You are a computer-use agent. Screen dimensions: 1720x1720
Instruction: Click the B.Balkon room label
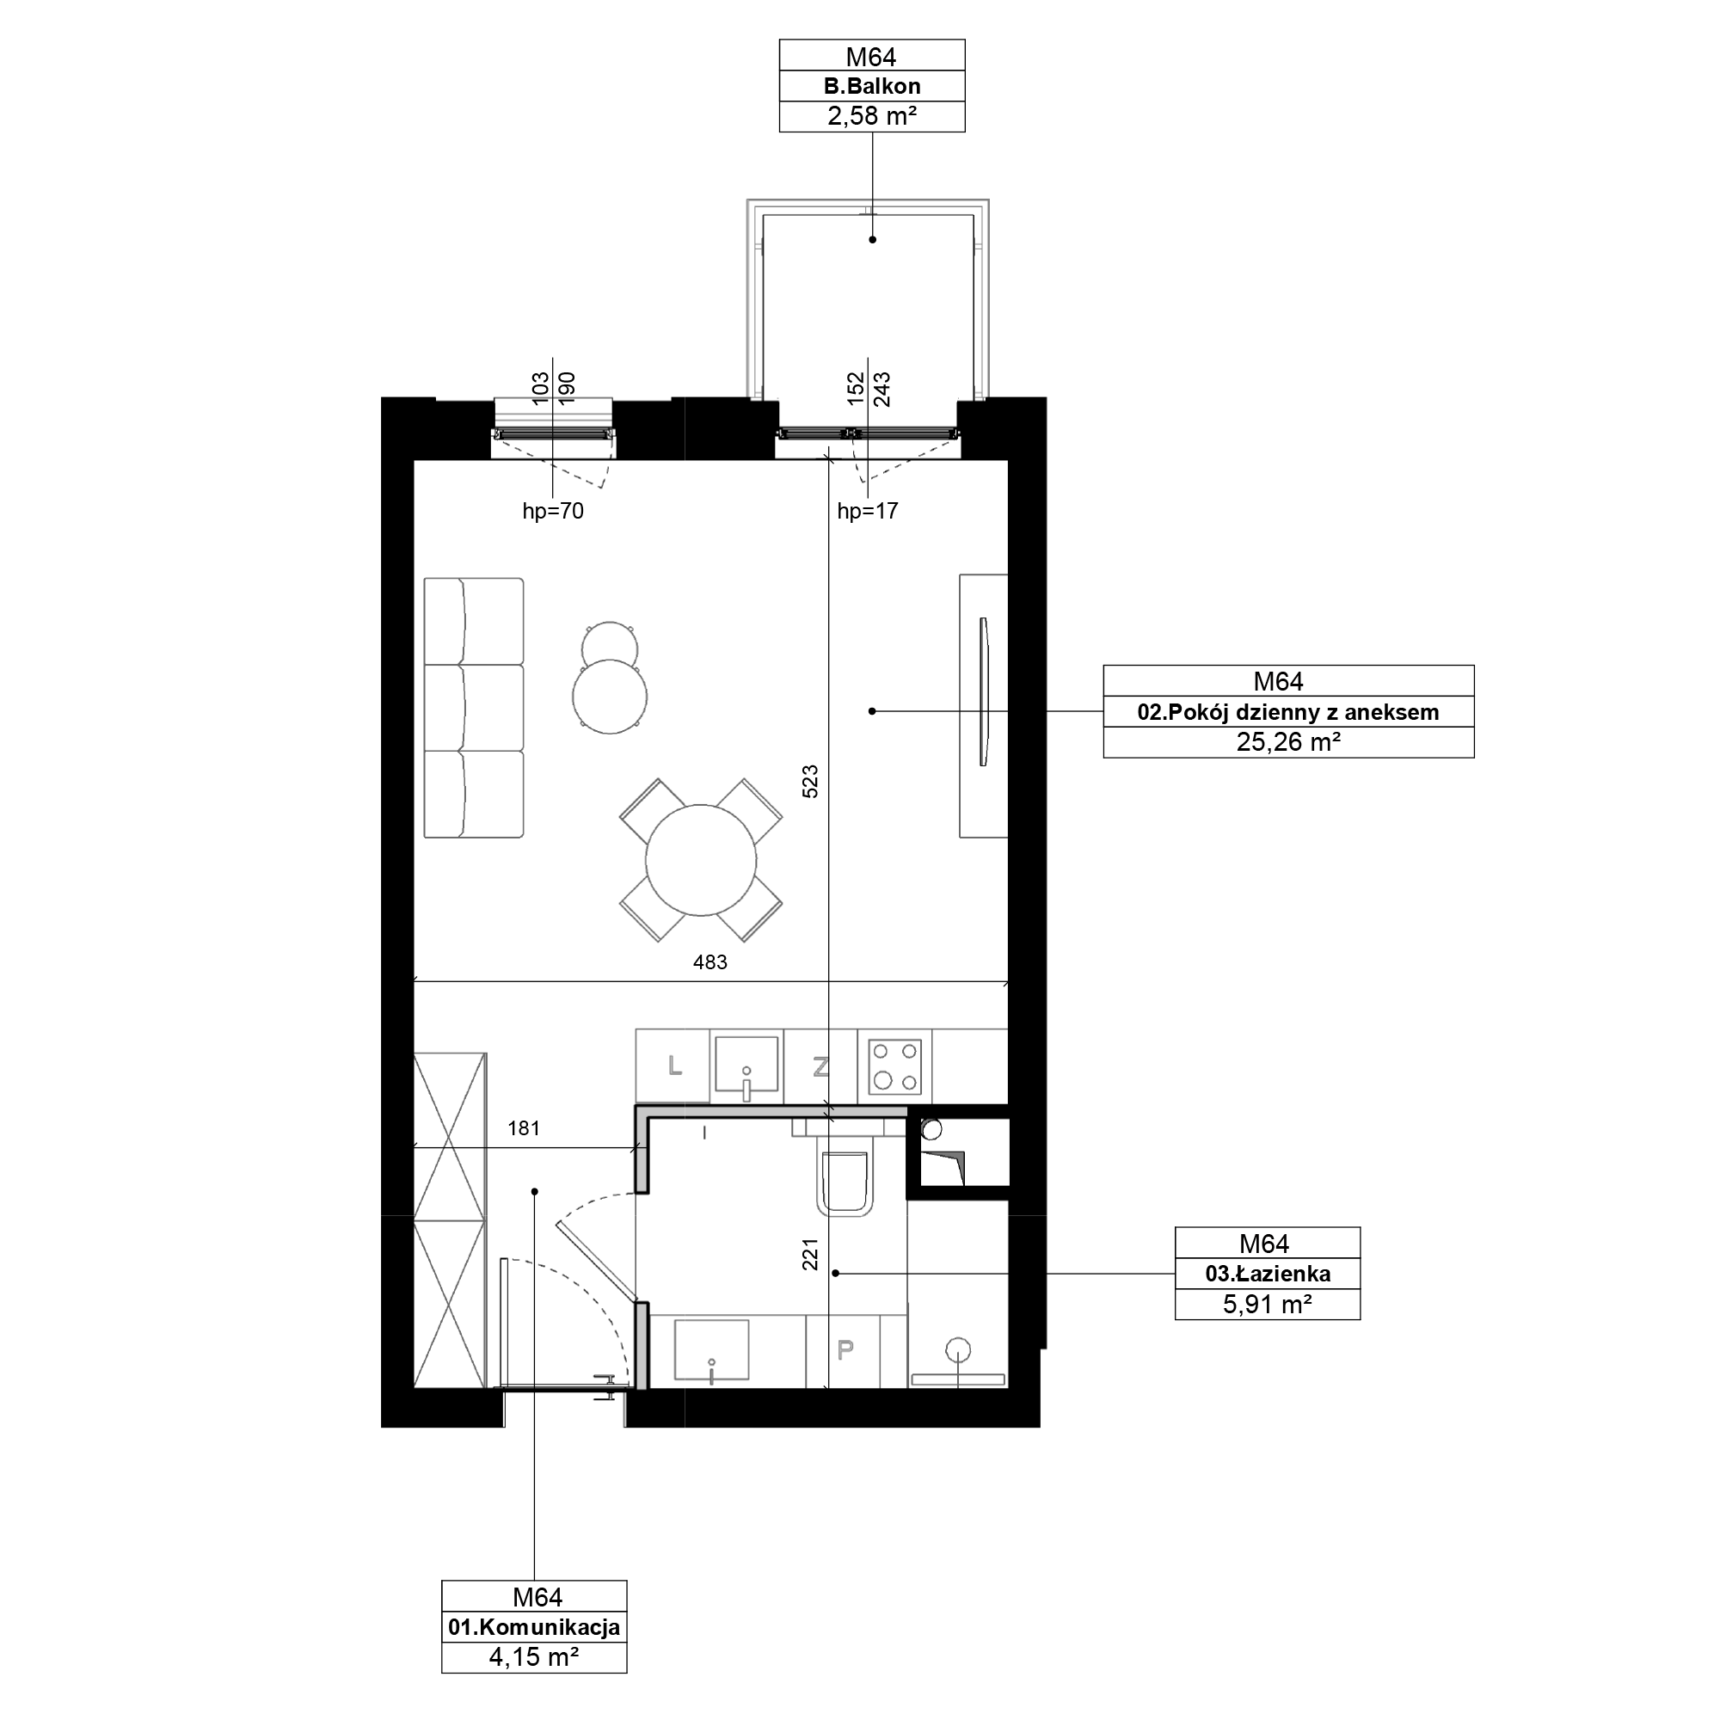point(871,86)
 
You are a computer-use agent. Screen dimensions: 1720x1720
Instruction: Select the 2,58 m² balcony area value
point(871,116)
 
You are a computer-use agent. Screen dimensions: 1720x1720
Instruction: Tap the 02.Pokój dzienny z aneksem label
point(1288,712)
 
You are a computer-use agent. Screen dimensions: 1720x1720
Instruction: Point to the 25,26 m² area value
point(1288,741)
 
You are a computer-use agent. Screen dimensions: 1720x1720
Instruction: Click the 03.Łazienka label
point(1268,1273)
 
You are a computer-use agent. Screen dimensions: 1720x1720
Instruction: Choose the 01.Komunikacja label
point(534,1627)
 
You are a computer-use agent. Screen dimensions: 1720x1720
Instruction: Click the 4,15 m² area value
point(534,1657)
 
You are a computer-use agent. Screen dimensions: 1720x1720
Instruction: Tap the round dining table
point(701,860)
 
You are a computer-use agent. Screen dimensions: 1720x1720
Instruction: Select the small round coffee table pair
point(610,678)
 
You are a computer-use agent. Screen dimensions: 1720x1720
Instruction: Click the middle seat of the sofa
point(474,708)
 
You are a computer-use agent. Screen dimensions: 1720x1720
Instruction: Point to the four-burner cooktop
point(894,1066)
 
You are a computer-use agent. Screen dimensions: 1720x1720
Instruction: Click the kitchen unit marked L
point(673,1066)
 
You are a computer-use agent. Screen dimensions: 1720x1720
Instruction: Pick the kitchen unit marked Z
point(820,1066)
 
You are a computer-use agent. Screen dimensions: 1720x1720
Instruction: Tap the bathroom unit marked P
point(844,1350)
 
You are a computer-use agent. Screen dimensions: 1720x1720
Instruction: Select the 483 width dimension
point(709,962)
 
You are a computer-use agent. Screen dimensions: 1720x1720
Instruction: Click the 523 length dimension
point(810,781)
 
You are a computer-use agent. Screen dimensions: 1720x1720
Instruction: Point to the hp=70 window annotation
point(553,511)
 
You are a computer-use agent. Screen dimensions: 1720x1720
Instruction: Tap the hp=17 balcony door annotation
point(867,511)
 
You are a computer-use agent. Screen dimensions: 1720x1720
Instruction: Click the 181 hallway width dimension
point(524,1129)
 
